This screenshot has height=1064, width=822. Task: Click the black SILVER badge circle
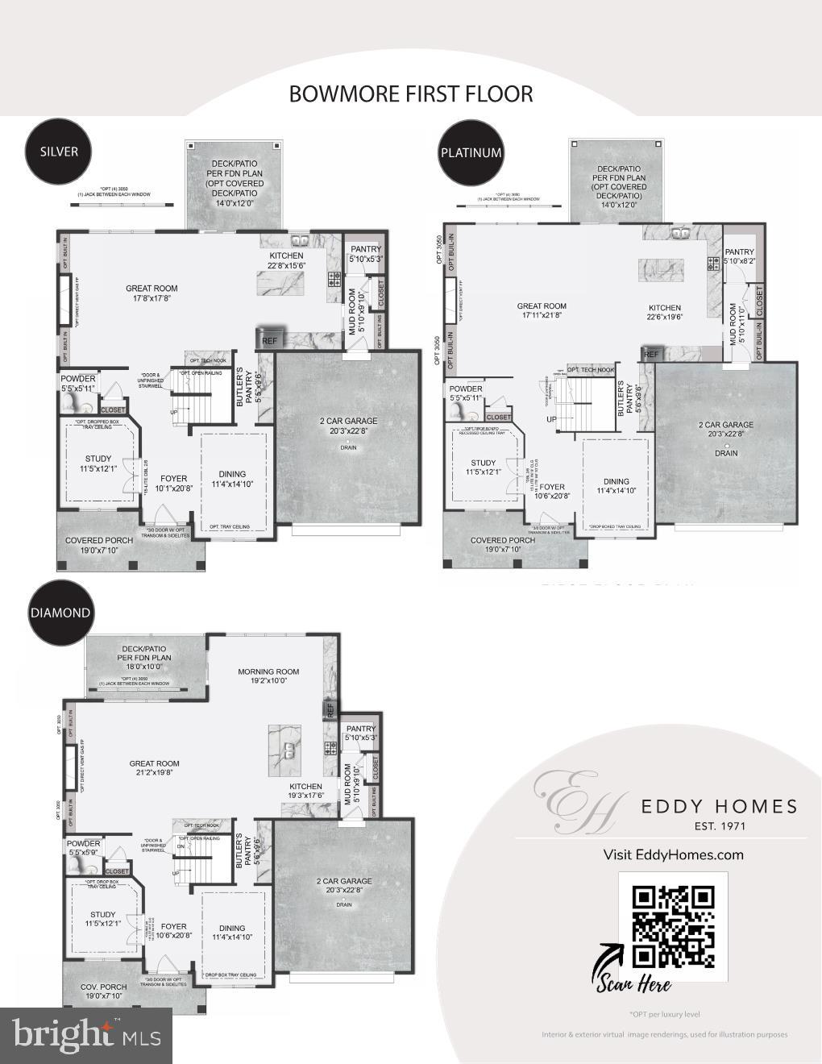pyautogui.click(x=59, y=152)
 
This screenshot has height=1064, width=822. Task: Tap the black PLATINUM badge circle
pyautogui.click(x=471, y=152)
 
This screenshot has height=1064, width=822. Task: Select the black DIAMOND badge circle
pyautogui.click(x=60, y=612)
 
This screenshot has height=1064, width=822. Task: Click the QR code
pyautogui.click(x=674, y=926)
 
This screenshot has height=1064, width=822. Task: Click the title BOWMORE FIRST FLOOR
pyautogui.click(x=411, y=94)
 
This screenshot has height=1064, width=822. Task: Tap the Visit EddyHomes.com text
pyautogui.click(x=674, y=854)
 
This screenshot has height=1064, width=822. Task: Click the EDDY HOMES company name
pyautogui.click(x=719, y=807)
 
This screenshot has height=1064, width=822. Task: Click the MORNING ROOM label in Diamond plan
pyautogui.click(x=268, y=671)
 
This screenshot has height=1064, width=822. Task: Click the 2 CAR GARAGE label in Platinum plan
pyautogui.click(x=726, y=425)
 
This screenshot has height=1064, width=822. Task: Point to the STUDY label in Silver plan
pyautogui.click(x=98, y=459)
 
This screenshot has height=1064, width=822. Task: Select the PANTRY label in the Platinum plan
pyautogui.click(x=739, y=251)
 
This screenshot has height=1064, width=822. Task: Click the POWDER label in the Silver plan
pyautogui.click(x=77, y=379)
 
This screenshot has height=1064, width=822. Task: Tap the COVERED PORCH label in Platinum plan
pyautogui.click(x=503, y=540)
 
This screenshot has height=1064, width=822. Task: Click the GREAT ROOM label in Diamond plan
pyautogui.click(x=154, y=763)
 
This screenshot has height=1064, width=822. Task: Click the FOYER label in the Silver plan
pyautogui.click(x=173, y=478)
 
